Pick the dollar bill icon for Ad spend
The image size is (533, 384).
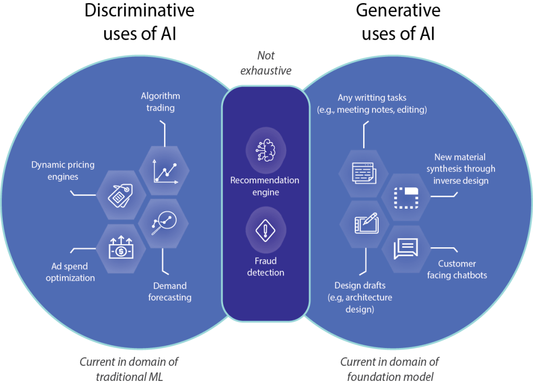coord(120,248)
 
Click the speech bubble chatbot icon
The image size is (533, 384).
coord(406,248)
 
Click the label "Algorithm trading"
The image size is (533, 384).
coord(160,102)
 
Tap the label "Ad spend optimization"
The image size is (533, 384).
coord(70,272)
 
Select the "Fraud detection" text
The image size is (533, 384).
coord(265,266)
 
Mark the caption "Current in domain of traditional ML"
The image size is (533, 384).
coord(129,368)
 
